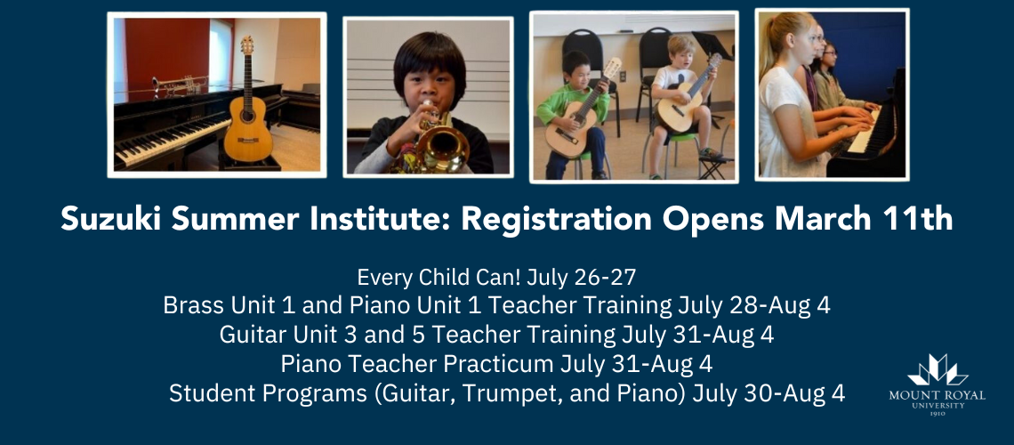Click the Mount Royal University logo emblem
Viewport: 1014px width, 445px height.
click(x=938, y=370)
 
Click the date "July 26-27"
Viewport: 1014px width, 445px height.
click(x=582, y=278)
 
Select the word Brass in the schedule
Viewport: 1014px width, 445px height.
click(x=187, y=305)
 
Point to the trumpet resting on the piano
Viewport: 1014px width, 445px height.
click(x=181, y=85)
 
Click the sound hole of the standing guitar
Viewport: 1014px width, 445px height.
click(x=246, y=117)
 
